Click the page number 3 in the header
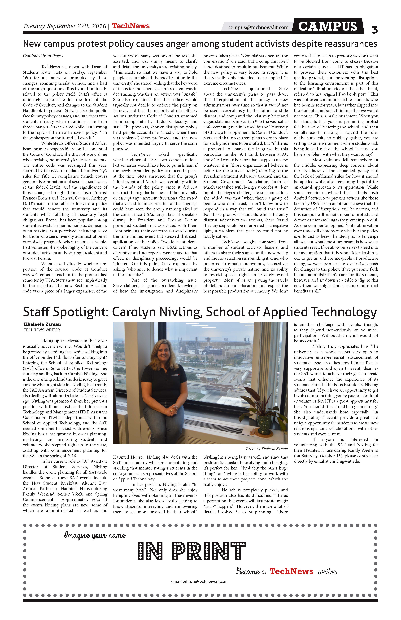click(374, 30)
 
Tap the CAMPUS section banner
click(328, 26)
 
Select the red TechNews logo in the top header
click(131, 26)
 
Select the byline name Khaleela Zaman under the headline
click(42, 324)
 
